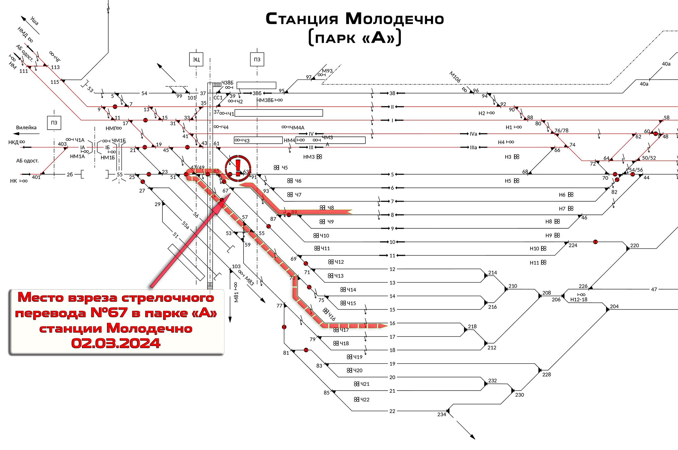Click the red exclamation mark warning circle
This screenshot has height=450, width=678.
pyautogui.click(x=238, y=168)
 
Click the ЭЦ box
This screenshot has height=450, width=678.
pyautogui.click(x=196, y=59)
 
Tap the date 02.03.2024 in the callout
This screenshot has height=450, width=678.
pyautogui.click(x=116, y=343)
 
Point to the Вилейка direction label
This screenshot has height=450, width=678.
pyautogui.click(x=26, y=127)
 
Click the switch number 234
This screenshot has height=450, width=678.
pyautogui.click(x=441, y=414)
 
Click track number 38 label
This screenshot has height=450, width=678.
pyautogui.click(x=392, y=93)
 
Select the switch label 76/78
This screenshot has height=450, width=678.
pyautogui.click(x=561, y=130)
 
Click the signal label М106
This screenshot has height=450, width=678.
pyautogui.click(x=455, y=77)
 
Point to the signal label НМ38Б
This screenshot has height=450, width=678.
pyautogui.click(x=265, y=100)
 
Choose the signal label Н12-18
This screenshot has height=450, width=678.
pyautogui.click(x=579, y=299)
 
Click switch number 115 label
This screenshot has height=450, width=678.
pyautogui.click(x=55, y=82)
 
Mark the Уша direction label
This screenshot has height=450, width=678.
pyautogui.click(x=35, y=21)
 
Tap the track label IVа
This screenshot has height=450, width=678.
pyautogui.click(x=473, y=134)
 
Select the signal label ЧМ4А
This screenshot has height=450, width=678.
pyautogui.click(x=297, y=127)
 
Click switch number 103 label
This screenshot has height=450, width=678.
pyautogui.click(x=236, y=266)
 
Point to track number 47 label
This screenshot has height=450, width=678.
pyautogui.click(x=654, y=289)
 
